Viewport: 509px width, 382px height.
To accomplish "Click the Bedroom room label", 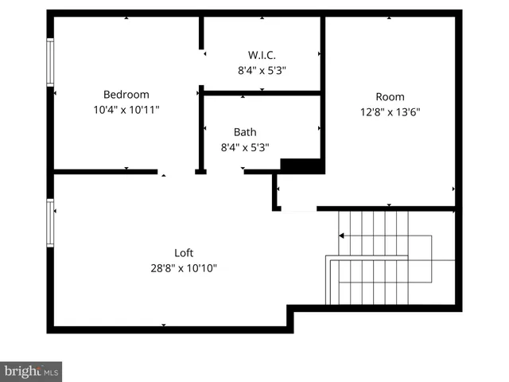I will [126, 95].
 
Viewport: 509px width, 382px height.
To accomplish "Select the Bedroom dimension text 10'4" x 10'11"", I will [126, 110].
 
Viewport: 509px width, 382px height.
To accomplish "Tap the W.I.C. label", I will [262, 55].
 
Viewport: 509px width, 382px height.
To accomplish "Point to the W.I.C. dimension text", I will [262, 70].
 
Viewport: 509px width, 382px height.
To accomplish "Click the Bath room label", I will [245, 132].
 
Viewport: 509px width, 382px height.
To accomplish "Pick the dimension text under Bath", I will [245, 147].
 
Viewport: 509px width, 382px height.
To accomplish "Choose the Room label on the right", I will [390, 97].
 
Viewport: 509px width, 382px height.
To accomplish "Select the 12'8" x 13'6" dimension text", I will [390, 112].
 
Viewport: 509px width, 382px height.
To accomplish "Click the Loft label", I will [185, 253].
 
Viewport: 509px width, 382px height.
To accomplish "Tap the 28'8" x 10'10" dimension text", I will [185, 268].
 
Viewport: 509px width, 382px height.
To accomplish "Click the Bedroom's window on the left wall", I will [50, 61].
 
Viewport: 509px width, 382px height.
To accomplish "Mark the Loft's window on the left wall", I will [50, 223].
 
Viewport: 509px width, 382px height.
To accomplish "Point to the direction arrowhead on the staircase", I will [341, 236].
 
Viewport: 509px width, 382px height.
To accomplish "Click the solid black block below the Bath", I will [302, 166].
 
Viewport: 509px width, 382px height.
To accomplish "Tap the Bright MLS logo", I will [32, 371].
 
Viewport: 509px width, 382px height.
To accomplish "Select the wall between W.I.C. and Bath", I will [262, 93].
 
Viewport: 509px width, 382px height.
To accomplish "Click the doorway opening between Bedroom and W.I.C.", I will [202, 68].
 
